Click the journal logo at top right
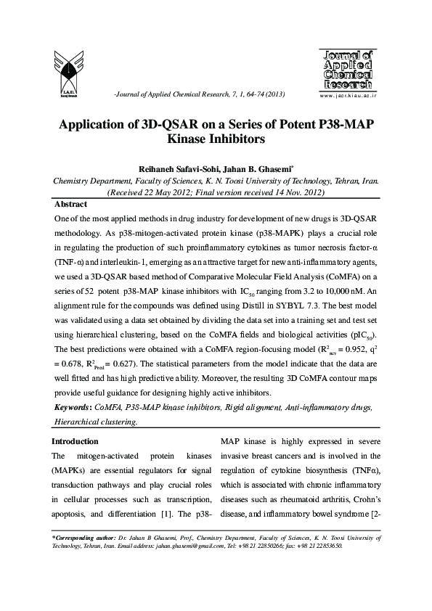point(346,69)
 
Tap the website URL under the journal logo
point(346,95)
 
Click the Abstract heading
point(70,205)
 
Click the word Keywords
point(72,408)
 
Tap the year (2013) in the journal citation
point(270,96)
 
